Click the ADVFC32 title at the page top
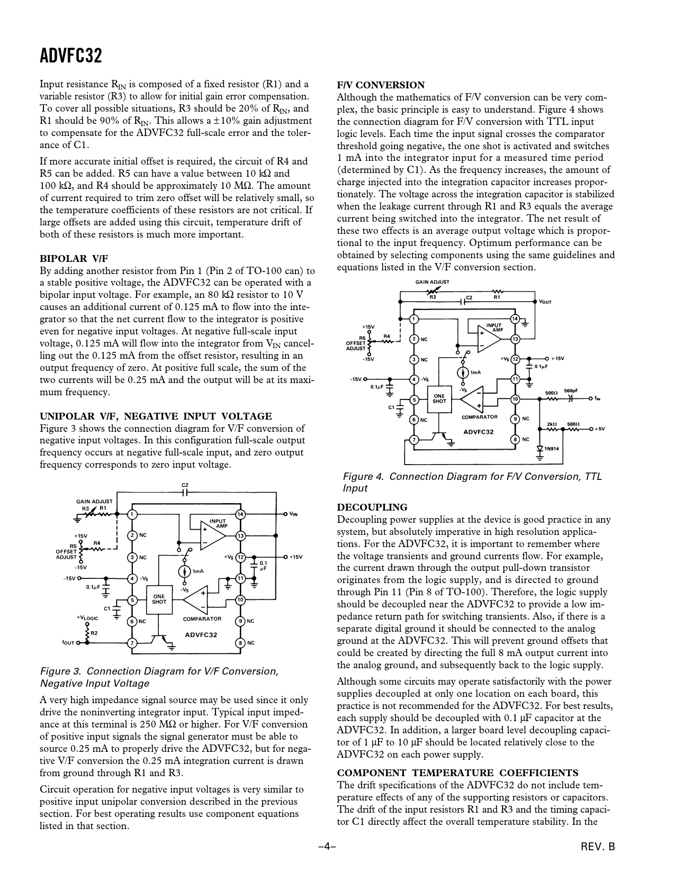71,56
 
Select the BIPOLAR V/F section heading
74,258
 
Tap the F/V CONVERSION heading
381,85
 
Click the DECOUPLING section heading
372,507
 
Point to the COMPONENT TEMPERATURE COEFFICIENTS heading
457,772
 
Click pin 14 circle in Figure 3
240,514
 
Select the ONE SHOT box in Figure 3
159,599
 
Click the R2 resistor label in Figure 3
94,633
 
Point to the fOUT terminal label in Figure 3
68,643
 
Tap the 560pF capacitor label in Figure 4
571,391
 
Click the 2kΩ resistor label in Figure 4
551,424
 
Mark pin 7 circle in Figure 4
415,440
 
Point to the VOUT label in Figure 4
545,302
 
